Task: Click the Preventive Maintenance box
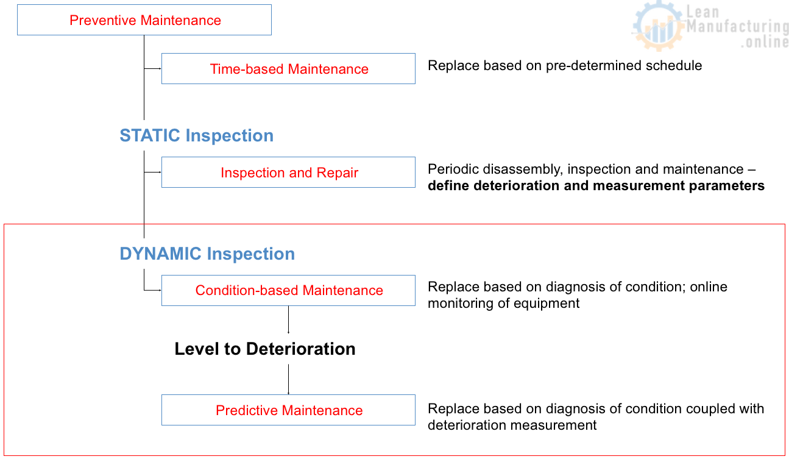coord(145,20)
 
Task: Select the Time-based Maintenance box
coord(288,69)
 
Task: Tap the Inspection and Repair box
coord(288,173)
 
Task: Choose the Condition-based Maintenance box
coord(288,290)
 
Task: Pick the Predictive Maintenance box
coord(288,410)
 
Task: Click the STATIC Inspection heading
coord(196,135)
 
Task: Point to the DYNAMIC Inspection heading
coord(207,254)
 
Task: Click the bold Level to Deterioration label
coord(265,349)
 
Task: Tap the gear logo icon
coord(657,26)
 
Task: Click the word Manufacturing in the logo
coord(737,27)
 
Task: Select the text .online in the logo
coord(765,42)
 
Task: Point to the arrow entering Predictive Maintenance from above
coord(288,379)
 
